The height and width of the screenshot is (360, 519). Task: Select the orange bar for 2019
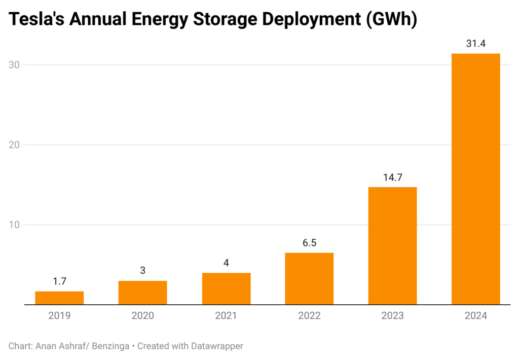[x=59, y=298]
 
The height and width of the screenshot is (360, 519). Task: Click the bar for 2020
[x=142, y=293]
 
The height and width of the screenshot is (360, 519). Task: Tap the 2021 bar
[x=226, y=289]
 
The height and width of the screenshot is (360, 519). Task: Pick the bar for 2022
[x=309, y=278]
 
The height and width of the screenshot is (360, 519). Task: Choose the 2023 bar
[x=392, y=246]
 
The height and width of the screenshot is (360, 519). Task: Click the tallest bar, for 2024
[x=475, y=179]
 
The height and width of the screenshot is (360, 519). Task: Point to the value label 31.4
[x=475, y=44]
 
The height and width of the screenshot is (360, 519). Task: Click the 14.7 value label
[x=392, y=177]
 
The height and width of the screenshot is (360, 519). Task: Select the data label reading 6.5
[x=309, y=243]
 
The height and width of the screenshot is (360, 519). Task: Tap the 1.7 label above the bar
[x=59, y=281]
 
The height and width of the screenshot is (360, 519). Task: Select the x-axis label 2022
[x=309, y=316]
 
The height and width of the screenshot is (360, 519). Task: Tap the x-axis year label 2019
[x=59, y=316]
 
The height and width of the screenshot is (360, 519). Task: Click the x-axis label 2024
[x=475, y=316]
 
